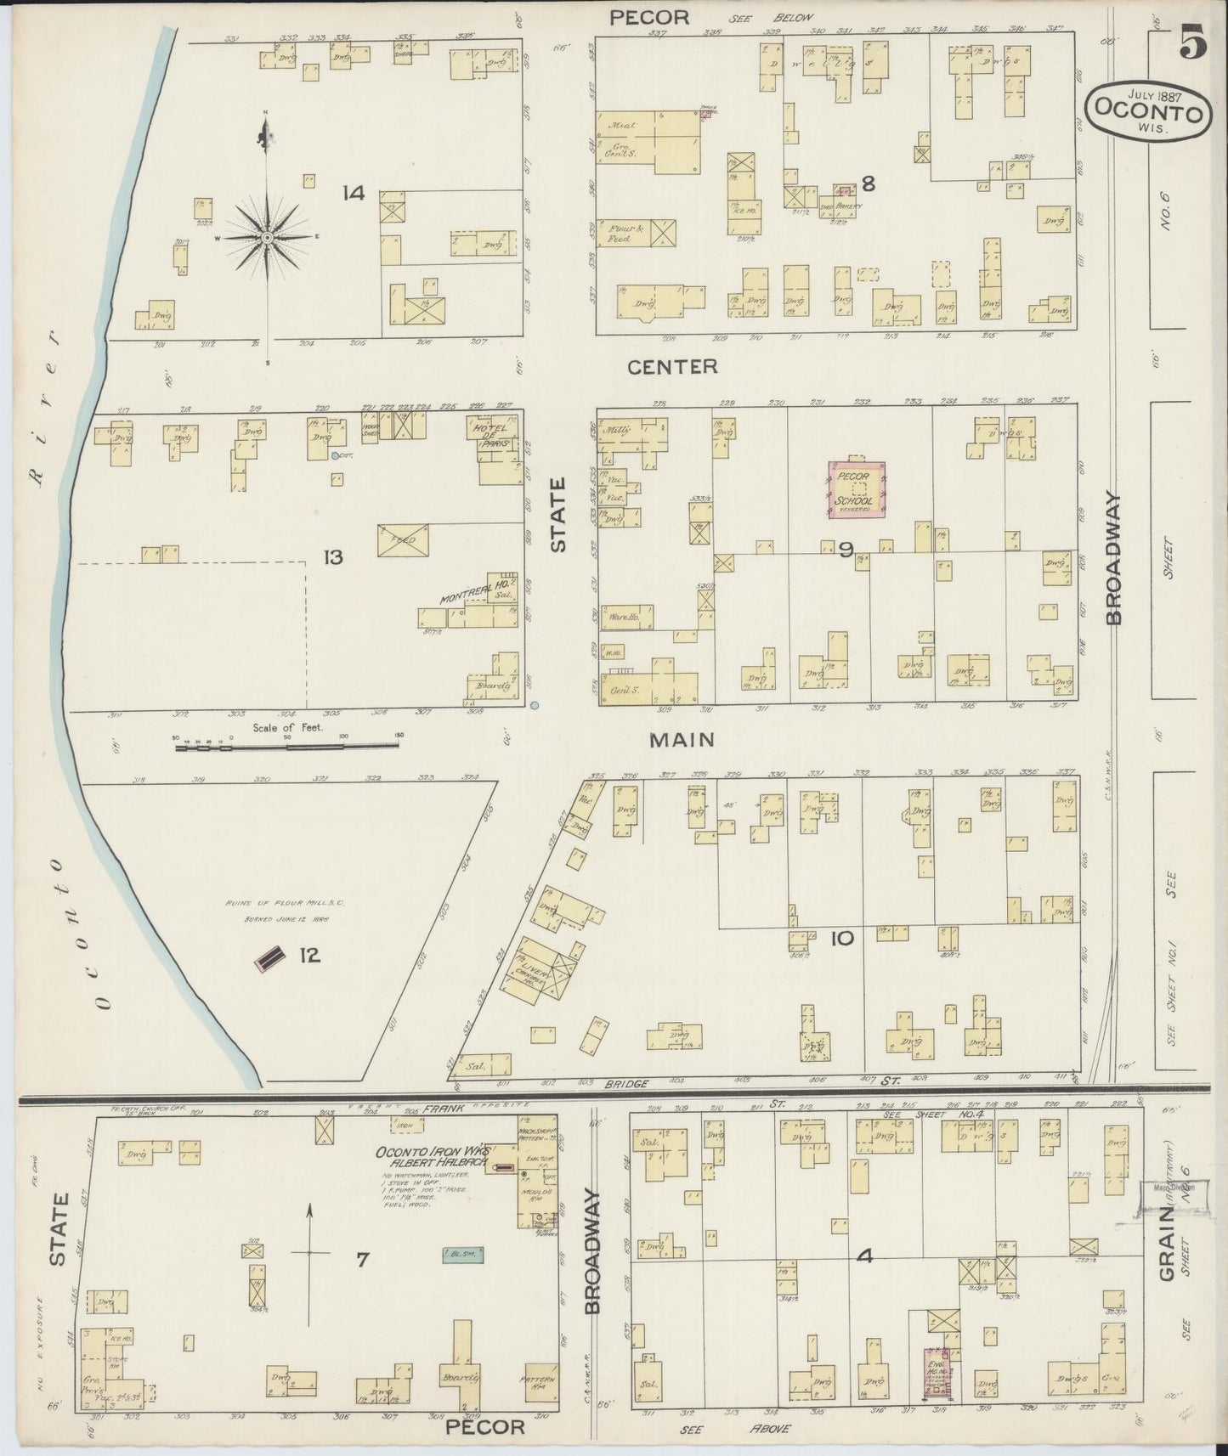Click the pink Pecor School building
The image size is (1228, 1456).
[857, 489]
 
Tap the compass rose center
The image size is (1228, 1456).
[267, 238]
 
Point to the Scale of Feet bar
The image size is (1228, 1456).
[286, 747]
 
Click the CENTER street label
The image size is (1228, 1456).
[672, 367]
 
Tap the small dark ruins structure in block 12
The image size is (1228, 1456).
[269, 958]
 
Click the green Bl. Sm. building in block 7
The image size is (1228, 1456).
[462, 1253]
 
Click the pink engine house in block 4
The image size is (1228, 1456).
[937, 1374]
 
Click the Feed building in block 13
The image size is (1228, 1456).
[403, 540]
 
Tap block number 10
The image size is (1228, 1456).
[841, 938]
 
